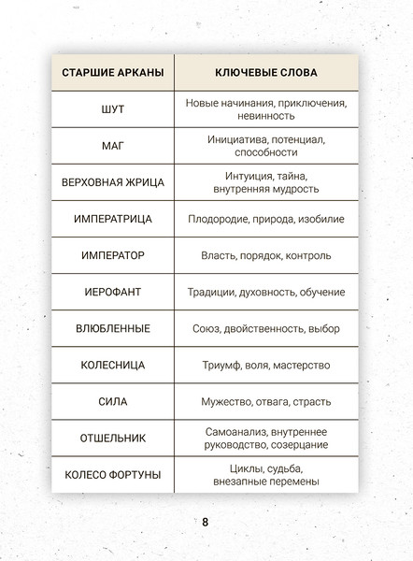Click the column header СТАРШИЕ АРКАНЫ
click(112, 73)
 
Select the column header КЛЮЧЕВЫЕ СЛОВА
click(265, 73)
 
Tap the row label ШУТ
click(112, 109)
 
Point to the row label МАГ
click(112, 146)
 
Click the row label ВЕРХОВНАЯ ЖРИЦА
click(112, 182)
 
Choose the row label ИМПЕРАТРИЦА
click(112, 219)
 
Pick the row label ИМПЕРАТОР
click(112, 255)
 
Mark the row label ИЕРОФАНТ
click(112, 293)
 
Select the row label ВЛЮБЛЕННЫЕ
click(112, 329)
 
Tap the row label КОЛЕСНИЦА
click(112, 366)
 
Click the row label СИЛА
click(112, 402)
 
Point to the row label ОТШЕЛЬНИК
click(112, 439)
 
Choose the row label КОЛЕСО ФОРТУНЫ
click(112, 475)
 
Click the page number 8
click(206, 522)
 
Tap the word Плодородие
click(215, 219)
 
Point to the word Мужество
click(225, 402)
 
